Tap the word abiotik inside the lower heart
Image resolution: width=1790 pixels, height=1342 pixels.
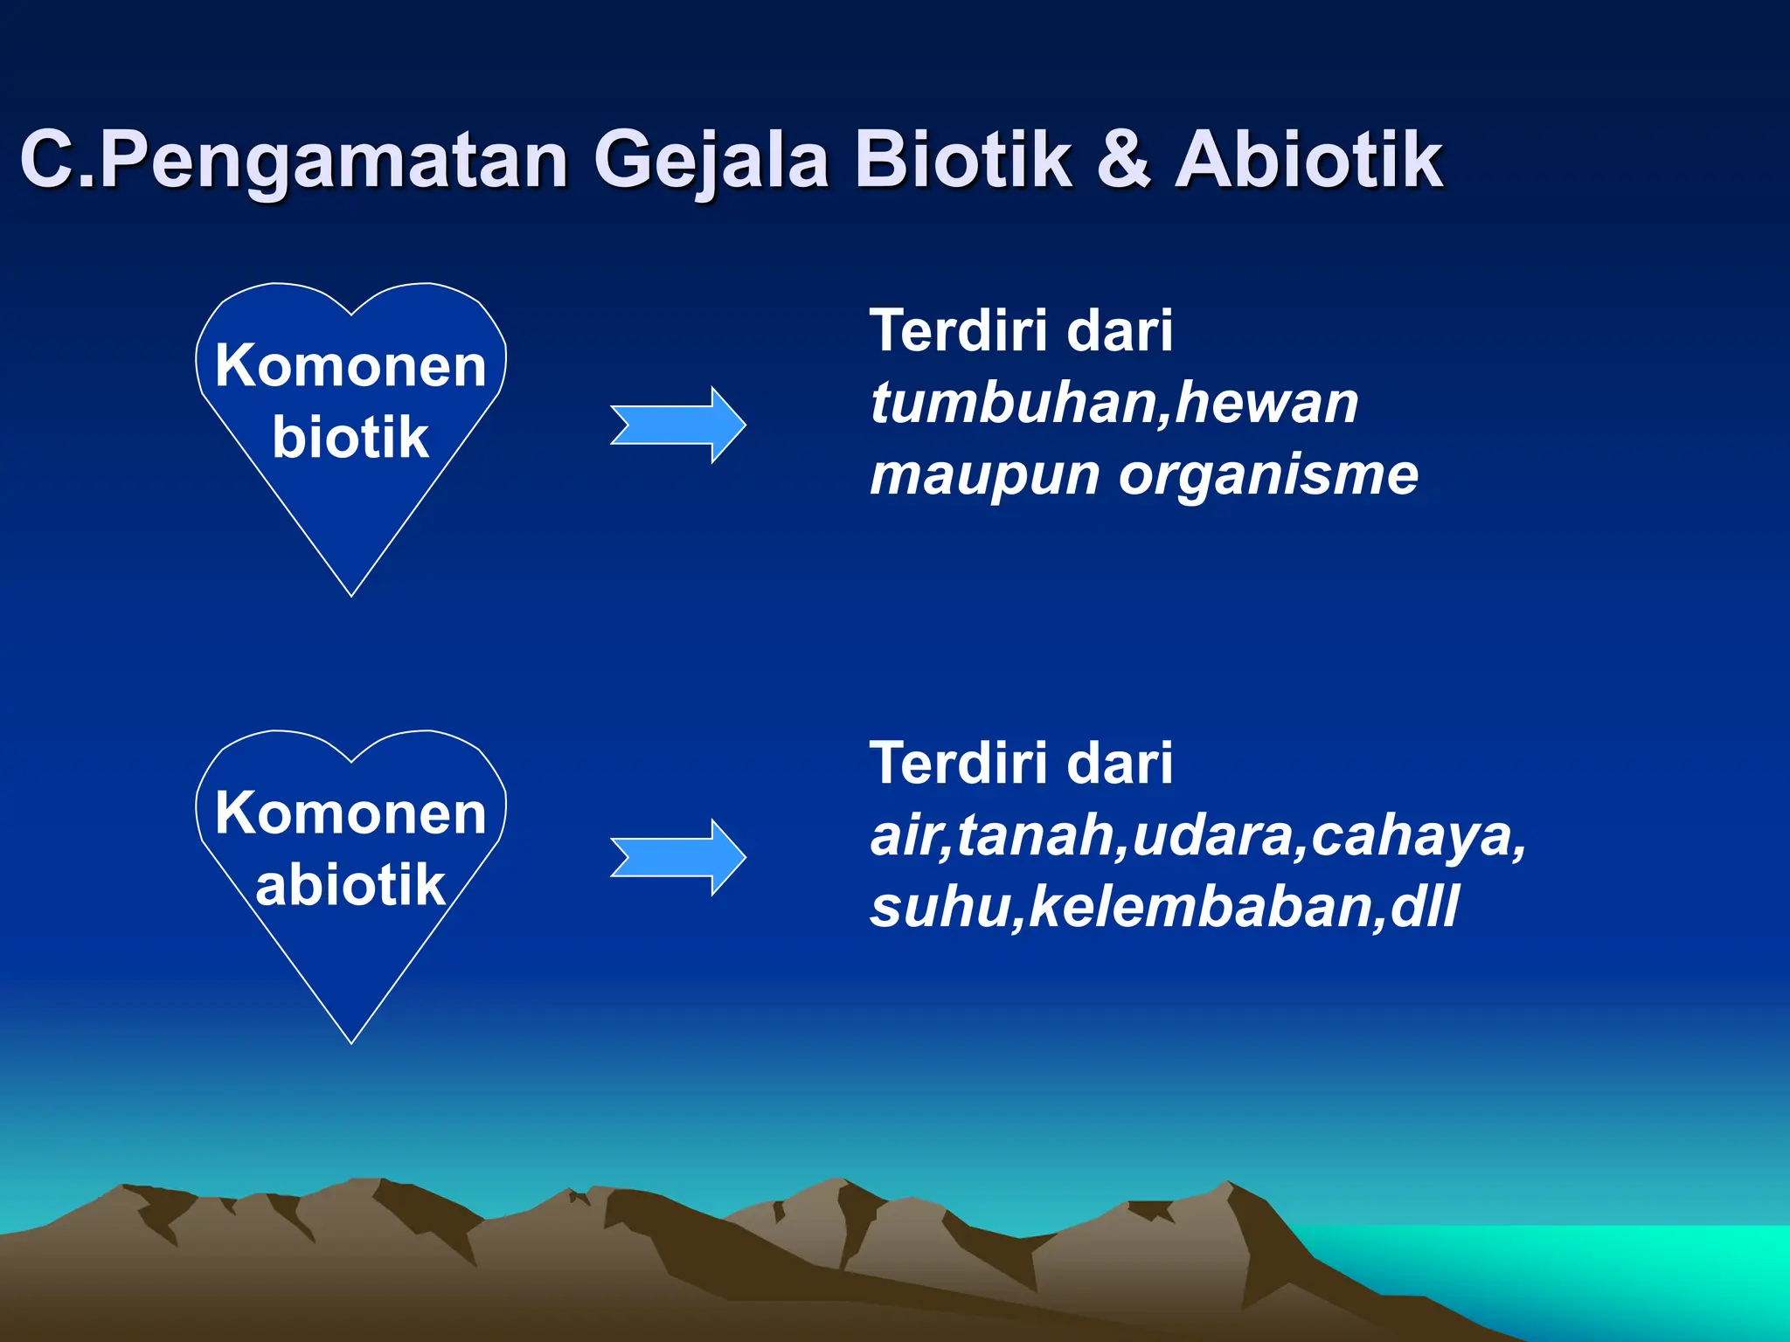350,884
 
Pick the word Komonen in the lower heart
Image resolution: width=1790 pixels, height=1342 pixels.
350,813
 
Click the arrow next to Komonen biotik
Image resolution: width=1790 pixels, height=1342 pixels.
678,425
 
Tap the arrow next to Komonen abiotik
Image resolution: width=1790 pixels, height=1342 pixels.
678,857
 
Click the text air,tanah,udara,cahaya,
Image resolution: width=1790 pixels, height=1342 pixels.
1198,835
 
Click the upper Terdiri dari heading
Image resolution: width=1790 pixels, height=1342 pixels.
1021,331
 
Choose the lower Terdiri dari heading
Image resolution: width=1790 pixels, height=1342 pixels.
1021,763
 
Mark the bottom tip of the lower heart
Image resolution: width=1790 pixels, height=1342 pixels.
351,1041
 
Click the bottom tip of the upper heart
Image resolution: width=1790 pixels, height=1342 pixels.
351,594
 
